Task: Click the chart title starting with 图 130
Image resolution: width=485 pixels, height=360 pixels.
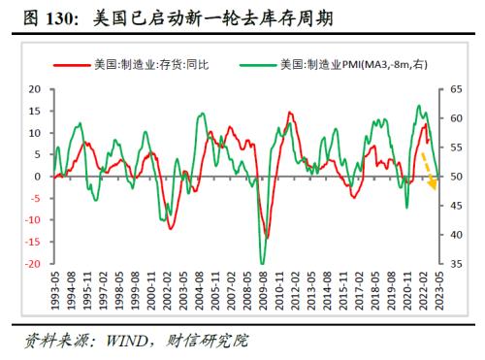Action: point(166,16)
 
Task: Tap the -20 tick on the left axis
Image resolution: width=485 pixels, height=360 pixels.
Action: point(31,264)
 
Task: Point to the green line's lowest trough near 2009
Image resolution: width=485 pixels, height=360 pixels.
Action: point(262,263)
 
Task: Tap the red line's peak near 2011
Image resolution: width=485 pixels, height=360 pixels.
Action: point(290,114)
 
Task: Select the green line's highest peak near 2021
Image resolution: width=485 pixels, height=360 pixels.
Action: point(418,106)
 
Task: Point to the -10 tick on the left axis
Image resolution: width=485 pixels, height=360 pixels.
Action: point(31,220)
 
